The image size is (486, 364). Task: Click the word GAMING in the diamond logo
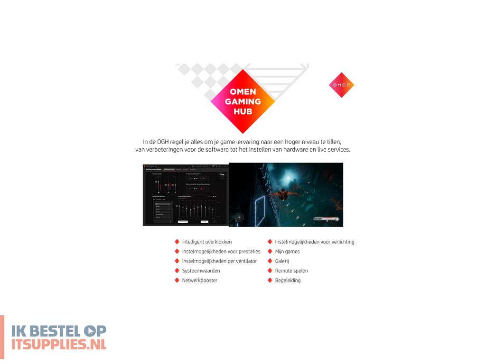[x=243, y=101]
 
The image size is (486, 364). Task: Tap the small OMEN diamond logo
[x=342, y=85]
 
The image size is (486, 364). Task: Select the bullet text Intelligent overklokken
[x=207, y=242]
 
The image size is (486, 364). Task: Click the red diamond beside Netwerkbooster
[x=177, y=280]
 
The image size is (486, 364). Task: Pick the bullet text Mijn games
[x=287, y=251]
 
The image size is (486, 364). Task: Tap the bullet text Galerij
[x=282, y=261]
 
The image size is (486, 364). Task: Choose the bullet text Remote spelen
[x=291, y=271]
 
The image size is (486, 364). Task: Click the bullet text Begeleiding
[x=288, y=280]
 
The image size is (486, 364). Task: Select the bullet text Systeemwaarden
[x=201, y=271]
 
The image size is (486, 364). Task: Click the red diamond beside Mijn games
[x=270, y=251]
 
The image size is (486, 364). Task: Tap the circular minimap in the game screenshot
[x=240, y=218]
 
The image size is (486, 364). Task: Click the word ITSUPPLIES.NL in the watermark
[x=59, y=344]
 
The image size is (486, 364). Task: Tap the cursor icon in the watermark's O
[x=89, y=330]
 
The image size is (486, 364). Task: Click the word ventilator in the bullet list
[x=245, y=261]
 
